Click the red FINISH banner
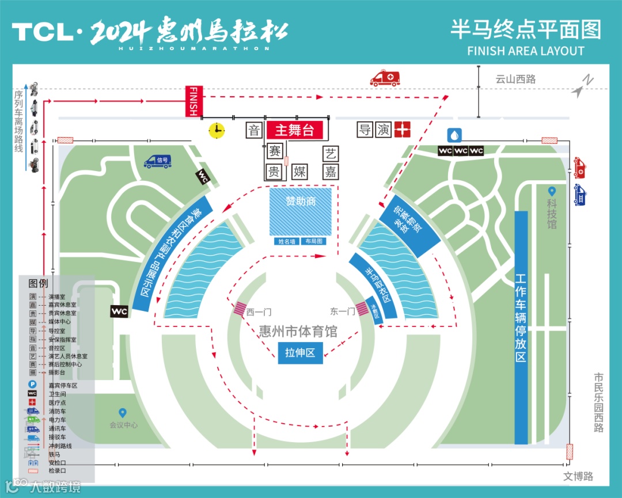tap(194, 101)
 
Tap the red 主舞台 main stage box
tap(294, 130)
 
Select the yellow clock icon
tap(217, 131)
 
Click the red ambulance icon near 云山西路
tap(385, 79)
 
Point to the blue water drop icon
tap(455, 135)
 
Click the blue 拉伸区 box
tap(300, 352)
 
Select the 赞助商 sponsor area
tap(301, 211)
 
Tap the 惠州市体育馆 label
tap(298, 332)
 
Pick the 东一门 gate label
tap(342, 311)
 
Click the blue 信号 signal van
tap(158, 161)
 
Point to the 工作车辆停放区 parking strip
tap(521, 327)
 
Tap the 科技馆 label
tap(552, 215)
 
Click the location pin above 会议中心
tap(122, 413)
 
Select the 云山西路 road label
tap(515, 79)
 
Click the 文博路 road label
tap(578, 476)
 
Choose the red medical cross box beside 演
tap(402, 130)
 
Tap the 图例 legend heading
tap(38, 284)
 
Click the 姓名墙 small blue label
tap(287, 242)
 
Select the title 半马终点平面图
tap(525, 29)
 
